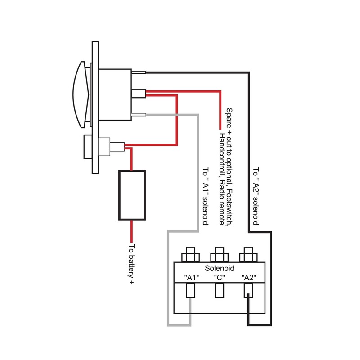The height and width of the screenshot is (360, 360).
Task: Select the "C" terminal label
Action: pyautogui.click(x=219, y=277)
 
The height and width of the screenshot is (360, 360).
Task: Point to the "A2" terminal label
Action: pyautogui.click(x=248, y=277)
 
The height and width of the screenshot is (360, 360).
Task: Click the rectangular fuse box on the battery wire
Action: pyautogui.click(x=131, y=196)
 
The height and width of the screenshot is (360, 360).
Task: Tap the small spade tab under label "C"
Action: pyautogui.click(x=219, y=291)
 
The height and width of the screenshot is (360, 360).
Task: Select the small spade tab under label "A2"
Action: pyautogui.click(x=248, y=291)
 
